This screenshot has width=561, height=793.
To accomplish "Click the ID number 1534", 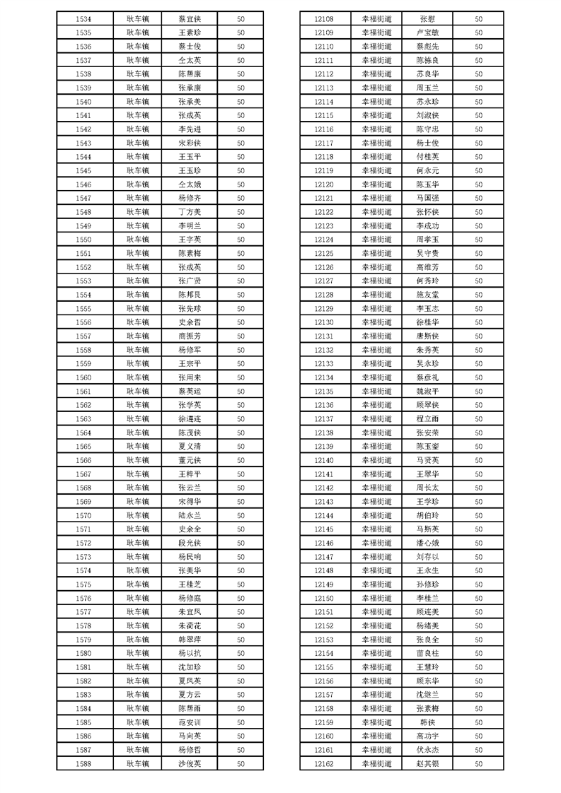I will click(83, 19).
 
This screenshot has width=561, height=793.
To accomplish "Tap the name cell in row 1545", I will click(190, 170).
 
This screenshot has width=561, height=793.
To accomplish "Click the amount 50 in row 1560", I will click(241, 377).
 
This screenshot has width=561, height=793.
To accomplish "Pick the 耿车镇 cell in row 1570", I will click(138, 515).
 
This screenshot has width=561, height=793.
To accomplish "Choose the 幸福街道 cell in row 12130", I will click(376, 322).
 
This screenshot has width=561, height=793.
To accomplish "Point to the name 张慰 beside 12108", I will click(427, 19).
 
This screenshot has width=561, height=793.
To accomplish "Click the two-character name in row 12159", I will click(427, 722).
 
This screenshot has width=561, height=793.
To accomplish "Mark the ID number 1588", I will click(83, 763).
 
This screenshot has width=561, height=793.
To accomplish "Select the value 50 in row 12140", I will click(479, 460).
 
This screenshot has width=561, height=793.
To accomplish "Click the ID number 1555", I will click(83, 308).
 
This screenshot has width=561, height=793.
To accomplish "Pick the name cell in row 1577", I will click(190, 611).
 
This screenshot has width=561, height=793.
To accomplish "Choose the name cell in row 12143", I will click(427, 502).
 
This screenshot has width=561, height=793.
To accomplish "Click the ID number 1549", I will click(83, 225).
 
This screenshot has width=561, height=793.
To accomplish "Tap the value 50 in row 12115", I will click(479, 115).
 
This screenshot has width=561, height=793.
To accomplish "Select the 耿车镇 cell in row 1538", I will click(138, 74).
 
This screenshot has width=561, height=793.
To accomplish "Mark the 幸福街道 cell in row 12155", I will click(376, 667).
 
